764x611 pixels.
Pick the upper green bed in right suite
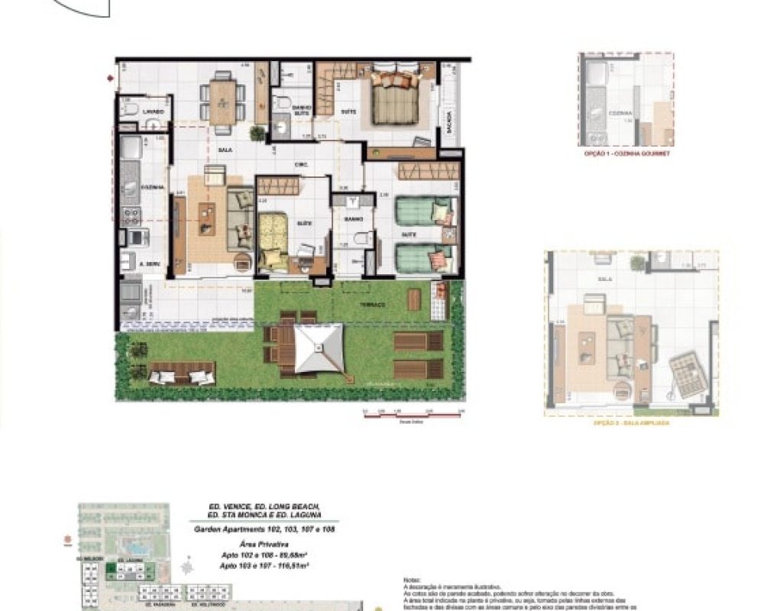coord(424,212)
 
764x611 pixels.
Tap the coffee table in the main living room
coord(207,218)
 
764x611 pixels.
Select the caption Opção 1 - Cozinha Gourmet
coord(626,154)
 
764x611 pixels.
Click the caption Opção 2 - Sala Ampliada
coord(631,422)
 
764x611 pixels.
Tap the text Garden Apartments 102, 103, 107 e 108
coord(265,529)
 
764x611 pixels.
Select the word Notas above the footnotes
coord(413,580)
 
